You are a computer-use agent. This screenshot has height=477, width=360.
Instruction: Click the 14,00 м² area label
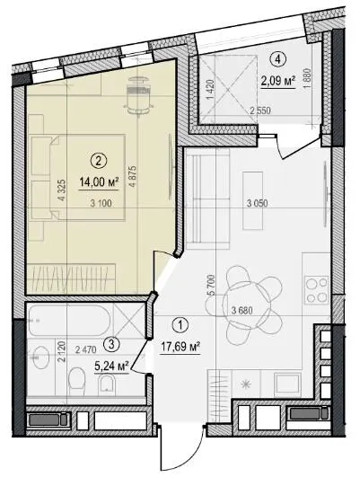pyautogui.click(x=99, y=182)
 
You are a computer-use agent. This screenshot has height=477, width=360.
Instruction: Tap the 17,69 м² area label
pyautogui.click(x=180, y=347)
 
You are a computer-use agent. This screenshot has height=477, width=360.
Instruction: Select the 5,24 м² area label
pyautogui.click(x=111, y=366)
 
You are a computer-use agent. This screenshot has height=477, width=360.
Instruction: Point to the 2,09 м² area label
pyautogui.click(x=278, y=81)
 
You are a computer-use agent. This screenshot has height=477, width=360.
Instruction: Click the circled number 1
pyautogui.click(x=180, y=325)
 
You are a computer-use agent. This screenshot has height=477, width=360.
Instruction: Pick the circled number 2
pyautogui.click(x=98, y=160)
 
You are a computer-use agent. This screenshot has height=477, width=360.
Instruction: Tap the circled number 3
pyautogui.click(x=111, y=344)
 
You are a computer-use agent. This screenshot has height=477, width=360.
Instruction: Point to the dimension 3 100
pyautogui.click(x=101, y=203)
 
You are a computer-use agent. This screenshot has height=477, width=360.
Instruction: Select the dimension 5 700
pyautogui.click(x=211, y=286)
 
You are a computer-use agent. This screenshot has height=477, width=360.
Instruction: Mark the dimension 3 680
pyautogui.click(x=242, y=311)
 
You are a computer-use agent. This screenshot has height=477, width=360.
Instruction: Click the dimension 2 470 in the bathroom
pyautogui.click(x=86, y=350)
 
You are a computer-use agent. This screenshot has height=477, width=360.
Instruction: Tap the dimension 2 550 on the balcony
pyautogui.click(x=260, y=110)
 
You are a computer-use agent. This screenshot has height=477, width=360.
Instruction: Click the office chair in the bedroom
pyautogui.click(x=138, y=95)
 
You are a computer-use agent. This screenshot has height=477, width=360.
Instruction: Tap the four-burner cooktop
pyautogui.click(x=317, y=289)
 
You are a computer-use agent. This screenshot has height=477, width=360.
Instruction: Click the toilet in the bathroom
pyautogui.click(x=76, y=381)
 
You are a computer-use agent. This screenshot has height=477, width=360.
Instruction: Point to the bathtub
pyautogui.click(x=69, y=320)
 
